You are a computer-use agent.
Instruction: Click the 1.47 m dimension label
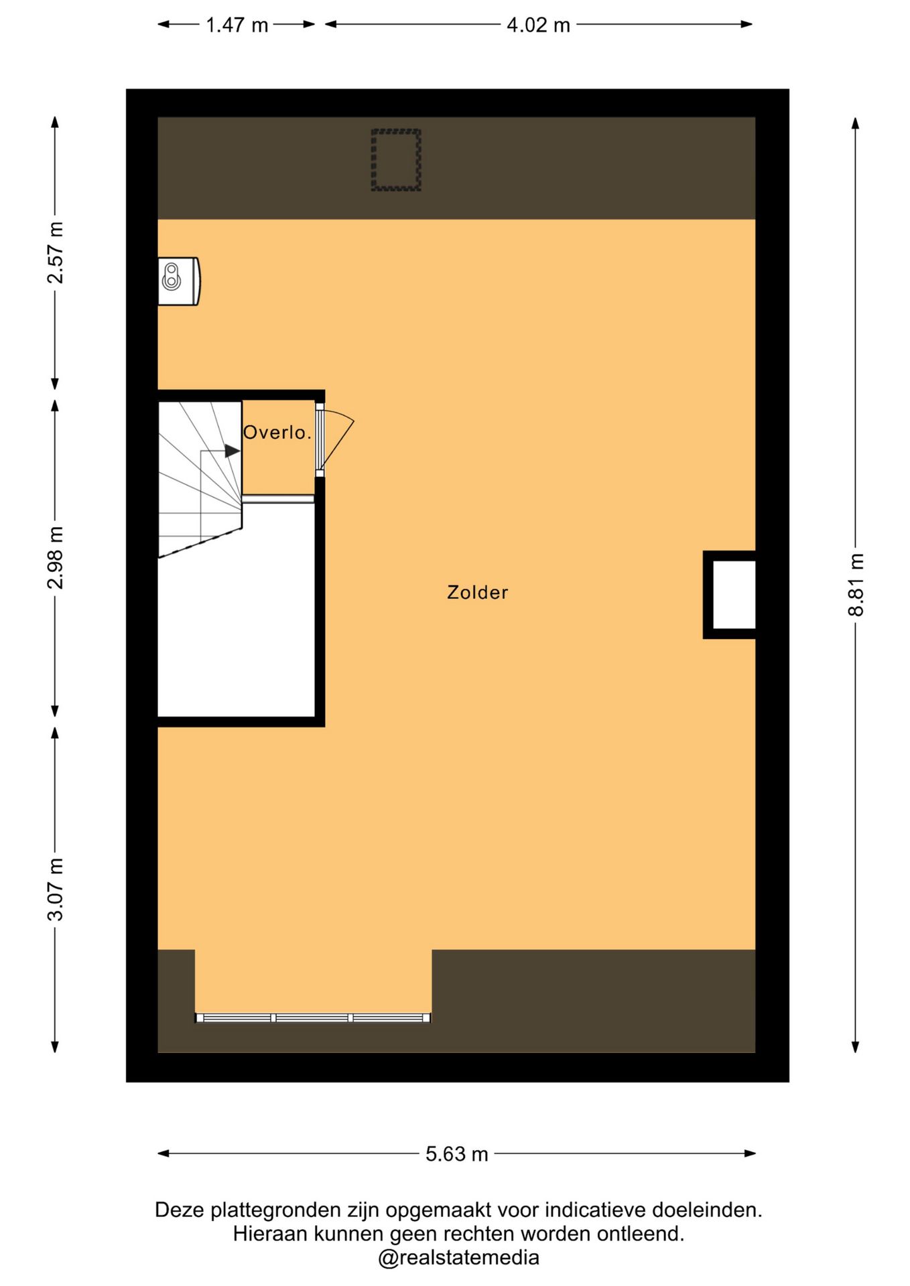point(237,25)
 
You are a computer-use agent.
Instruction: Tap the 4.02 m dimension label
point(538,25)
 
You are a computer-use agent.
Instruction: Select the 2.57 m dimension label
point(55,253)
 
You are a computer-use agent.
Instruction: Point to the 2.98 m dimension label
point(55,557)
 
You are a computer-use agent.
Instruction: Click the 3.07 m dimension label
point(55,889)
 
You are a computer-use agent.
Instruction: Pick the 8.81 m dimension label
point(856,584)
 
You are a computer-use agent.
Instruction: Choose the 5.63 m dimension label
point(456,1153)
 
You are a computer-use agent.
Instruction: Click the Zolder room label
point(477,592)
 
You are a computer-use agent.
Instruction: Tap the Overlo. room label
point(277,433)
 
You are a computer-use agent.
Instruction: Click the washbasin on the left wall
point(178,281)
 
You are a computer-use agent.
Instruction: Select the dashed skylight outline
point(396,160)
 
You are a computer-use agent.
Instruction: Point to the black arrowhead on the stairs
point(232,451)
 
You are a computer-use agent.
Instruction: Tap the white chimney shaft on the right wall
point(734,595)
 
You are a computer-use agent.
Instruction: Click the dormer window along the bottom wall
point(313,1018)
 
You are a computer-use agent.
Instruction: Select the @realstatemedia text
point(458,1257)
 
